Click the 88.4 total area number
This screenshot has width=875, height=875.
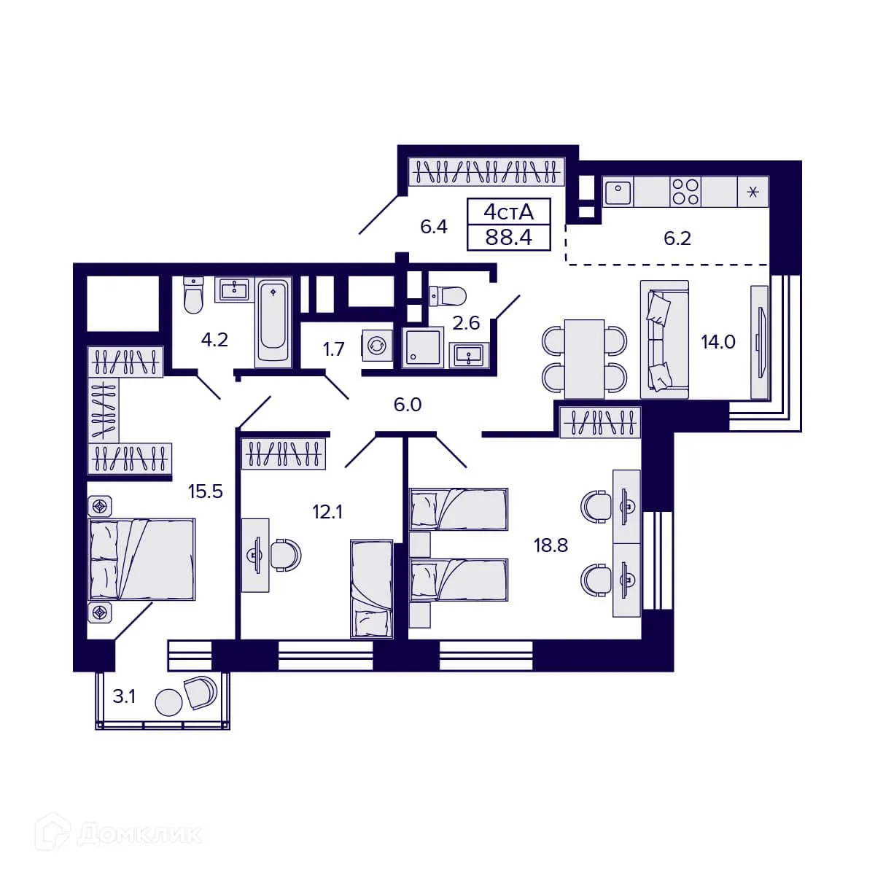pos(509,236)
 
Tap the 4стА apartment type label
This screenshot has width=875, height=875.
pos(509,211)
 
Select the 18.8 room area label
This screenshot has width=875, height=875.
pos(551,545)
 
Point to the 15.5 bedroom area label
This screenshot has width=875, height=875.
pos(205,491)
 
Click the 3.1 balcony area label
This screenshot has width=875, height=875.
pos(124,696)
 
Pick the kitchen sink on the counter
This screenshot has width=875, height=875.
pos(618,192)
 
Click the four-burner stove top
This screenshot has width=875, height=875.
pos(685,192)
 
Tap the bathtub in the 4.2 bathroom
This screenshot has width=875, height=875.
pos(273,321)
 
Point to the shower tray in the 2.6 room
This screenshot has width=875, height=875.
pos(422,346)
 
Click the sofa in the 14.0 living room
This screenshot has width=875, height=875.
pos(664,339)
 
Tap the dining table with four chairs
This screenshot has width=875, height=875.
pos(585,357)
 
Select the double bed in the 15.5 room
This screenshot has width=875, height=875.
pos(141,559)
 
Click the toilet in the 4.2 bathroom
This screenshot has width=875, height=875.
pos(192,295)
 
